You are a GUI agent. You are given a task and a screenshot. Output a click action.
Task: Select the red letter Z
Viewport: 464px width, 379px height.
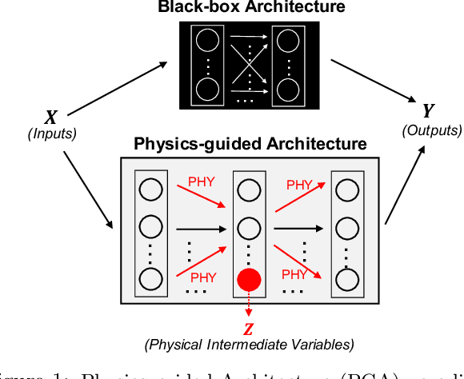(249, 329)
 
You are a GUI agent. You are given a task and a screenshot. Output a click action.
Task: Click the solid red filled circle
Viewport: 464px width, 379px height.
(249, 281)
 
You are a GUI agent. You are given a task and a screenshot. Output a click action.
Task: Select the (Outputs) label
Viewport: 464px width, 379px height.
(433, 130)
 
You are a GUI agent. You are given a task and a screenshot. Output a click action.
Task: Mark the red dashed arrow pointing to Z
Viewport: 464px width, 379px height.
(249, 308)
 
